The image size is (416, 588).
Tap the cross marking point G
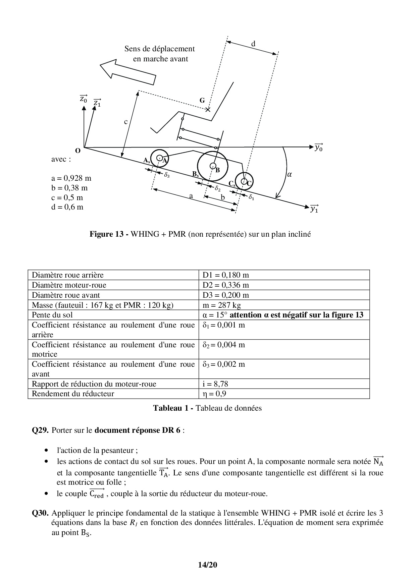(x=208, y=109)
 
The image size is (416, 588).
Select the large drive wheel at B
(x=212, y=166)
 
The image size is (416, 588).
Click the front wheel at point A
(x=159, y=158)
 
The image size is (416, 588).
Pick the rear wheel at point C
(x=244, y=181)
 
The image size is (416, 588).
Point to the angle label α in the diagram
(x=290, y=174)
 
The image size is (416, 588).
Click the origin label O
(x=77, y=151)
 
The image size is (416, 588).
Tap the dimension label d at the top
(x=253, y=44)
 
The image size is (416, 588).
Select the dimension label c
(x=126, y=122)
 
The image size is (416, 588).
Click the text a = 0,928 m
(x=71, y=178)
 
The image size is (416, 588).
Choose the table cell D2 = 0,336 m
(x=226, y=285)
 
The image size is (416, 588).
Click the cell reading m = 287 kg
(x=222, y=305)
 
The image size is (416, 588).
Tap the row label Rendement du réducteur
(x=73, y=394)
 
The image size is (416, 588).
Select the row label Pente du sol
(x=52, y=315)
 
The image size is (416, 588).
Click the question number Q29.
(x=40, y=430)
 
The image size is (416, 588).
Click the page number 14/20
(x=208, y=565)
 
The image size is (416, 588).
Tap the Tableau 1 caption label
(x=172, y=408)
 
